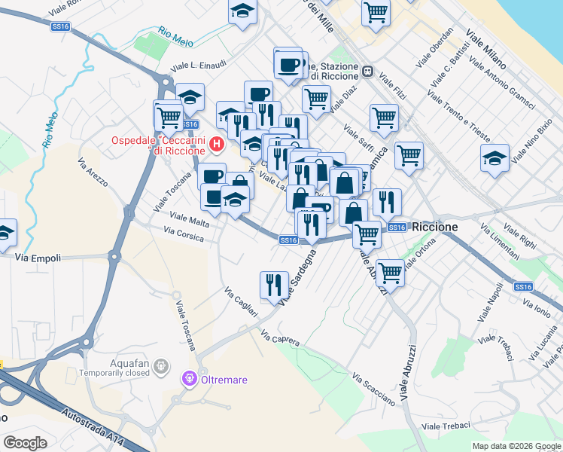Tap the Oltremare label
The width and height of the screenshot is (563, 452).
[x=224, y=380]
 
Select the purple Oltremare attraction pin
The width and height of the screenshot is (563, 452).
[x=188, y=378]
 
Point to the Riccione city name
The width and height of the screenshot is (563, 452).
[x=435, y=227]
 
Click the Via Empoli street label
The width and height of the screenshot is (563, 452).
[x=37, y=257]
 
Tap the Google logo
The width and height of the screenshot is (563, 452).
[x=25, y=443]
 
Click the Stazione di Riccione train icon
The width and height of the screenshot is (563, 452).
[x=368, y=72]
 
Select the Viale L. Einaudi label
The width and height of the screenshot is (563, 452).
[x=199, y=66]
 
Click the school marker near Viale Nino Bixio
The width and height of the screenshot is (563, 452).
[x=494, y=159]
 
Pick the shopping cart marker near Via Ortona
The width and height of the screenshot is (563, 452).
[x=390, y=272]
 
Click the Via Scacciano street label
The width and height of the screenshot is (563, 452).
[x=373, y=387]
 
